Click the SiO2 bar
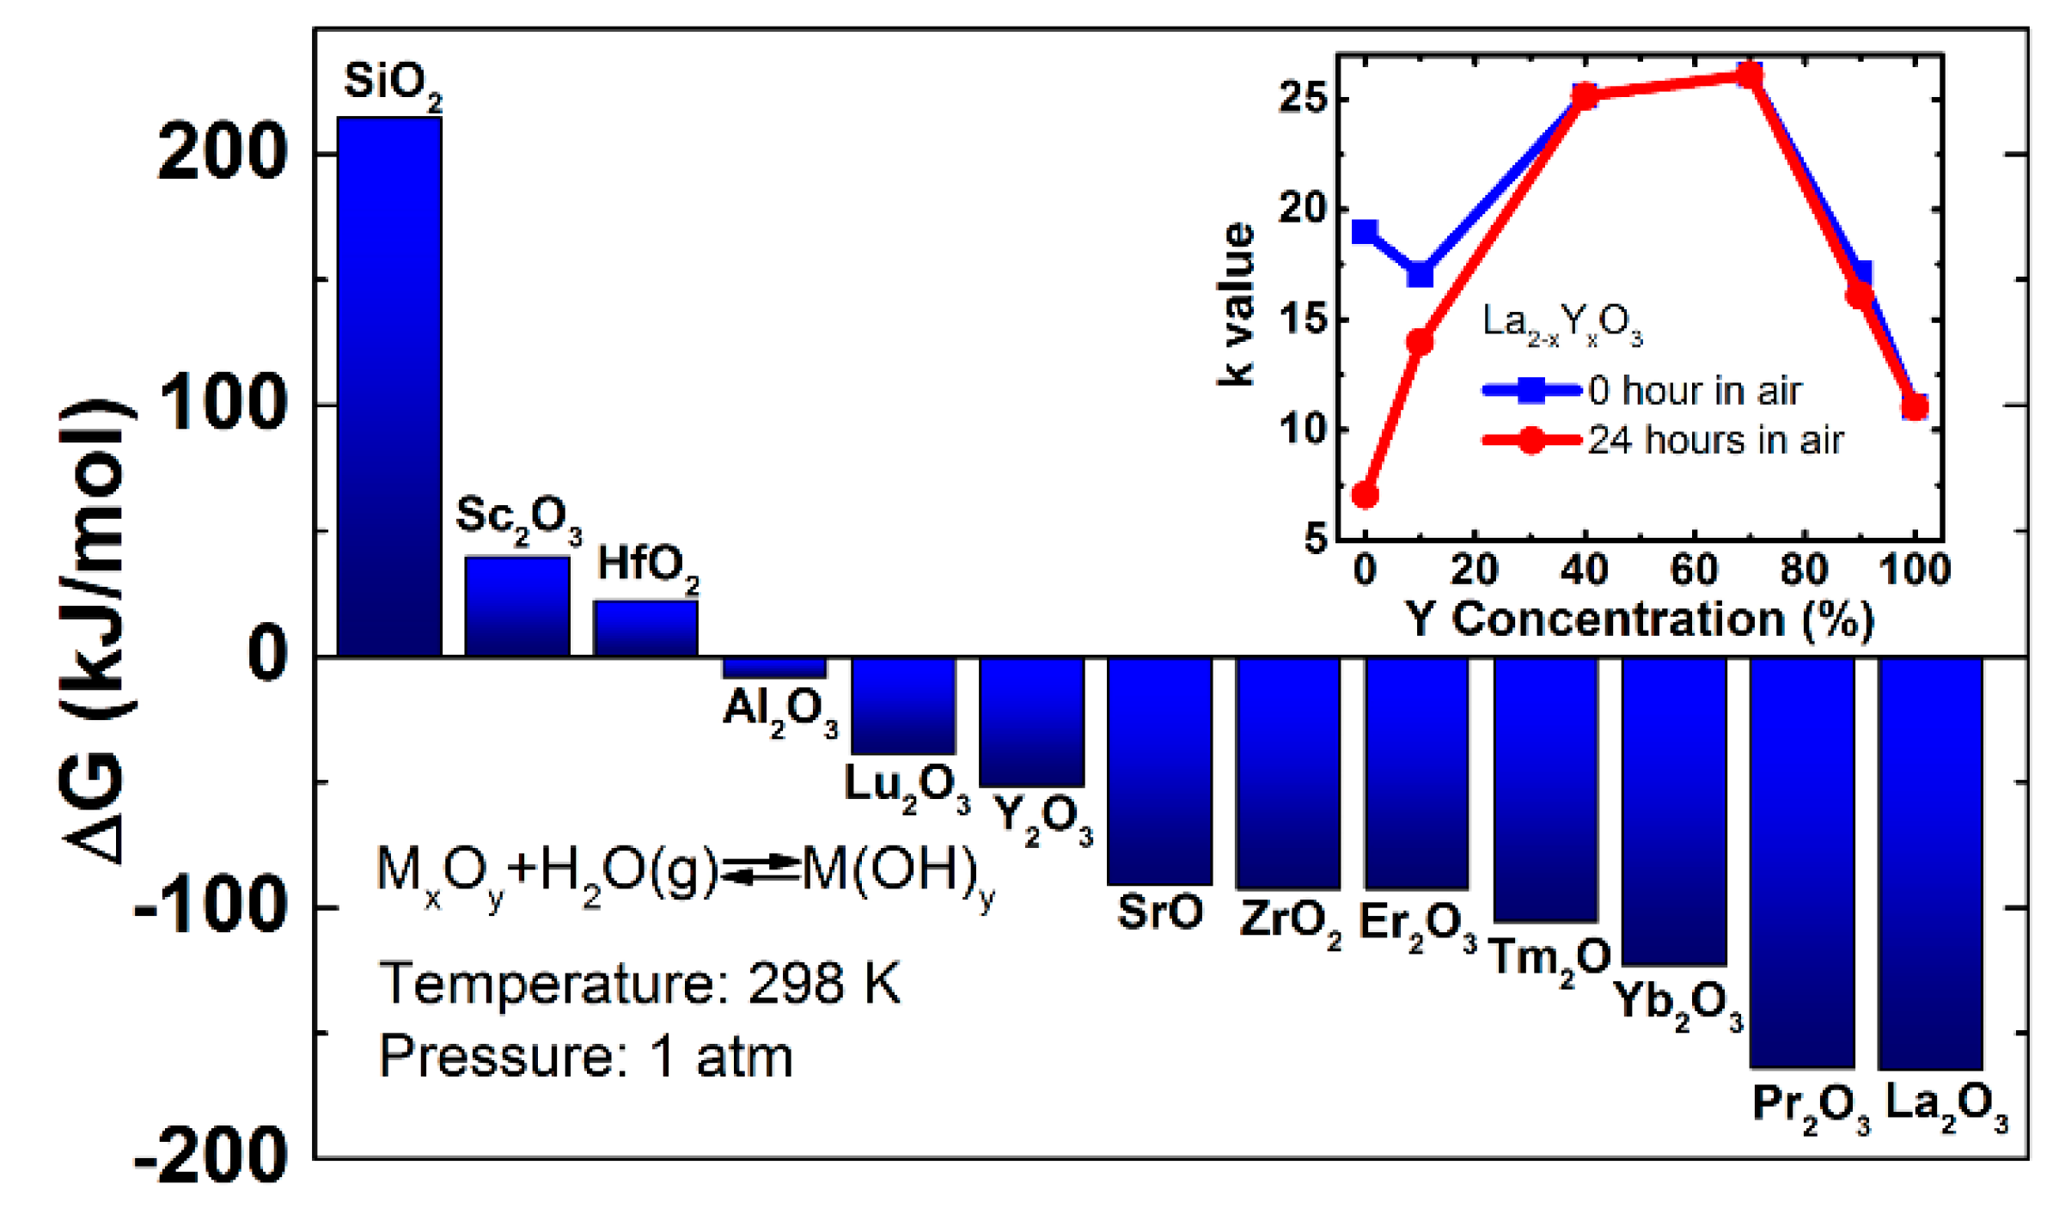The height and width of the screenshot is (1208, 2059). click(x=389, y=387)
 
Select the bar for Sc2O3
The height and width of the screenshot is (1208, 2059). click(x=517, y=606)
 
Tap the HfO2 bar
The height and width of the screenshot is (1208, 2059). click(x=645, y=628)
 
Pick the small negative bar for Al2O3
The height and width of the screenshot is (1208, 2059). click(x=774, y=668)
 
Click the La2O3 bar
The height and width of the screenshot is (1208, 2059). click(x=1930, y=863)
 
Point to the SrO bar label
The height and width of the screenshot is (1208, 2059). click(x=1159, y=912)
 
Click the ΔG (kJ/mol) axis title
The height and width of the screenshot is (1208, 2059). click(x=95, y=631)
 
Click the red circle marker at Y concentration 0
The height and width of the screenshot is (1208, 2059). click(x=1365, y=495)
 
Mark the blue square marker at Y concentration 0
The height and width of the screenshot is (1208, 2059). click(x=1365, y=232)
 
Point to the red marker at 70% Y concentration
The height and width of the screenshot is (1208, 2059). click(x=1749, y=76)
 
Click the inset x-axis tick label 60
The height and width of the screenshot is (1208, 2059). click(x=1694, y=570)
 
